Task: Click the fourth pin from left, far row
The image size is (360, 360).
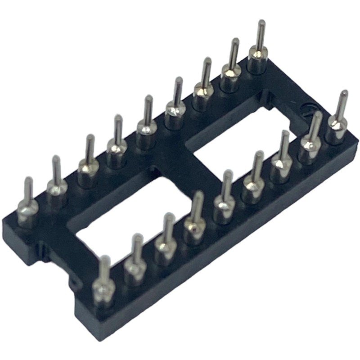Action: click(116, 144)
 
